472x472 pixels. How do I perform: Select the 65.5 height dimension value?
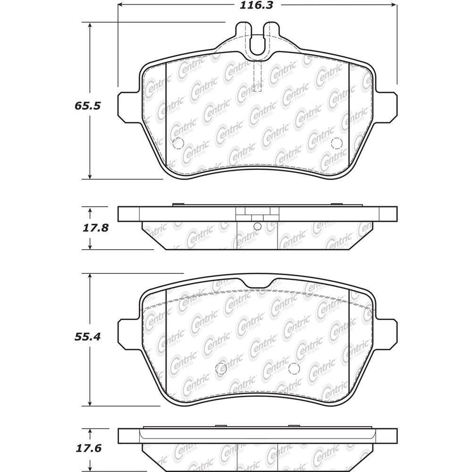tap(88, 106)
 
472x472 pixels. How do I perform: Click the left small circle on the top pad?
tap(178, 143)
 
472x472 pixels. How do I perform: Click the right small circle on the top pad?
tap(337, 143)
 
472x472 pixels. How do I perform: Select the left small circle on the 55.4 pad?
tap(220, 369)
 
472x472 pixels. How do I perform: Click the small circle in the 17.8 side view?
tap(257, 227)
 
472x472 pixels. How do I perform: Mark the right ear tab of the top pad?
tap(386, 107)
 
